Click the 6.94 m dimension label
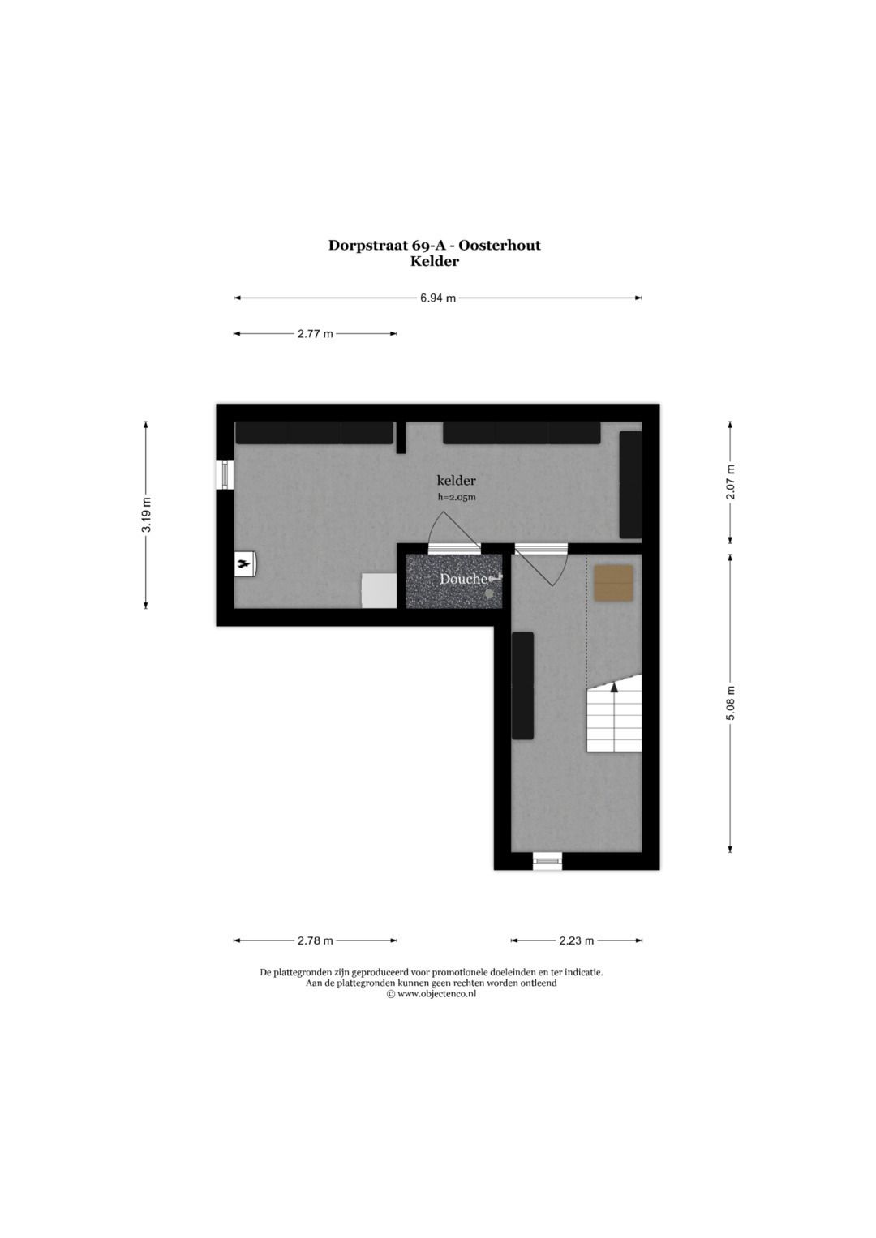point(437,298)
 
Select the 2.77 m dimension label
point(315,333)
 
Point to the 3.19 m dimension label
point(146,514)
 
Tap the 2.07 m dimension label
point(730,482)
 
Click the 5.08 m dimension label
point(730,702)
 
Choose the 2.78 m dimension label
point(315,940)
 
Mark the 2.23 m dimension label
point(576,940)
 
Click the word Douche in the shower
point(463,579)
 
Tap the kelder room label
point(456,480)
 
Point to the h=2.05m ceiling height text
point(456,498)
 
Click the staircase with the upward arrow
point(614,718)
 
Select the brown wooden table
point(613,583)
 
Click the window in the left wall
point(225,474)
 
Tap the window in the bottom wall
point(547,860)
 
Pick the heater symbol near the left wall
point(245,564)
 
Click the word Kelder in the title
point(434,261)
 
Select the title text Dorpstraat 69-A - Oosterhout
point(434,245)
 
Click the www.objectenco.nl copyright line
point(431,993)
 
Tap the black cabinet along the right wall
point(630,484)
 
